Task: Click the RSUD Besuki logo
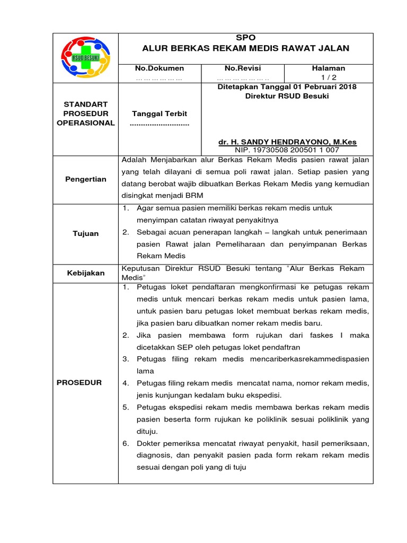pos(86,57)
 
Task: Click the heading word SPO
pos(246,38)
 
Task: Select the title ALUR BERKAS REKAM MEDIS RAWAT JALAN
pos(246,48)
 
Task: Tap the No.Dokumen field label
pos(160,68)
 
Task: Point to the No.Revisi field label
pos(243,68)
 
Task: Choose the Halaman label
pos(329,68)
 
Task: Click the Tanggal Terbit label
pos(160,114)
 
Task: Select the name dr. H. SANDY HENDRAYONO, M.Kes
pos(288,142)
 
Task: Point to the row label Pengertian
pos(86,179)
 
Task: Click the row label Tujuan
pos(86,234)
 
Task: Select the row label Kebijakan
pos(86,273)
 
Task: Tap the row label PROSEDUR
pos(79,383)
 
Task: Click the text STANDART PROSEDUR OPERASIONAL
pos(86,114)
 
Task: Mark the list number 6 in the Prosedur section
pos(126,443)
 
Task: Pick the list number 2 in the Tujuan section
pos(126,232)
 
